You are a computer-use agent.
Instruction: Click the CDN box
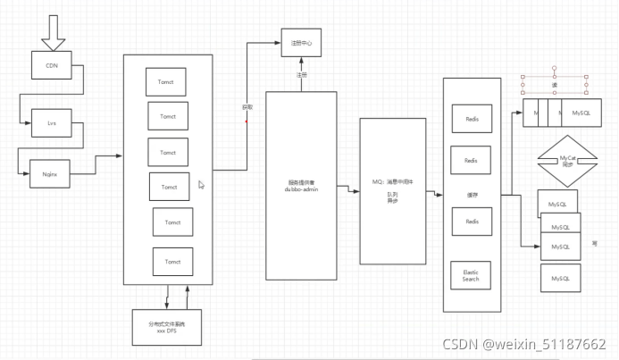click(x=52, y=65)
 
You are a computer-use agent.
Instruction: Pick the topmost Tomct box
click(x=165, y=81)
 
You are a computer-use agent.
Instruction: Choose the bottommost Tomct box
click(x=171, y=262)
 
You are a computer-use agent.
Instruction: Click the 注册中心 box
click(x=300, y=43)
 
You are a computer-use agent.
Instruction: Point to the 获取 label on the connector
click(x=247, y=106)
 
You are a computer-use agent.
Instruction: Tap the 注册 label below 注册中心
click(x=302, y=75)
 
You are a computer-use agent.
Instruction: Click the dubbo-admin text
click(x=300, y=189)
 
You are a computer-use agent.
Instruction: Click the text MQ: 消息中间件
click(x=392, y=181)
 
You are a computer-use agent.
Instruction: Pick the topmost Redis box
click(x=471, y=119)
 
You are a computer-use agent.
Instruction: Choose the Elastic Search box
click(x=471, y=275)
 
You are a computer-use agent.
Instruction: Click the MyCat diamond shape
click(x=567, y=161)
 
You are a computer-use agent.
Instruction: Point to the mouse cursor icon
click(x=201, y=184)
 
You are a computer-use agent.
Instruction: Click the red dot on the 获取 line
click(x=247, y=121)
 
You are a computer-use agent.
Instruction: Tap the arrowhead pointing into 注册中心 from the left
click(x=278, y=42)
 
